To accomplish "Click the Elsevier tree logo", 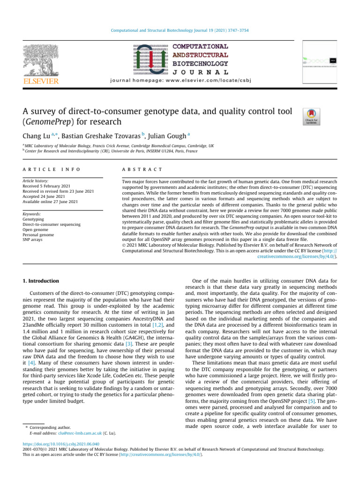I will pos(41,59).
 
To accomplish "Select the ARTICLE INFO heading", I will pos(52,169).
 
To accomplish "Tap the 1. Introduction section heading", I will pos(41,281).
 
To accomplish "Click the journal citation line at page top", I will pos(180,31).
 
